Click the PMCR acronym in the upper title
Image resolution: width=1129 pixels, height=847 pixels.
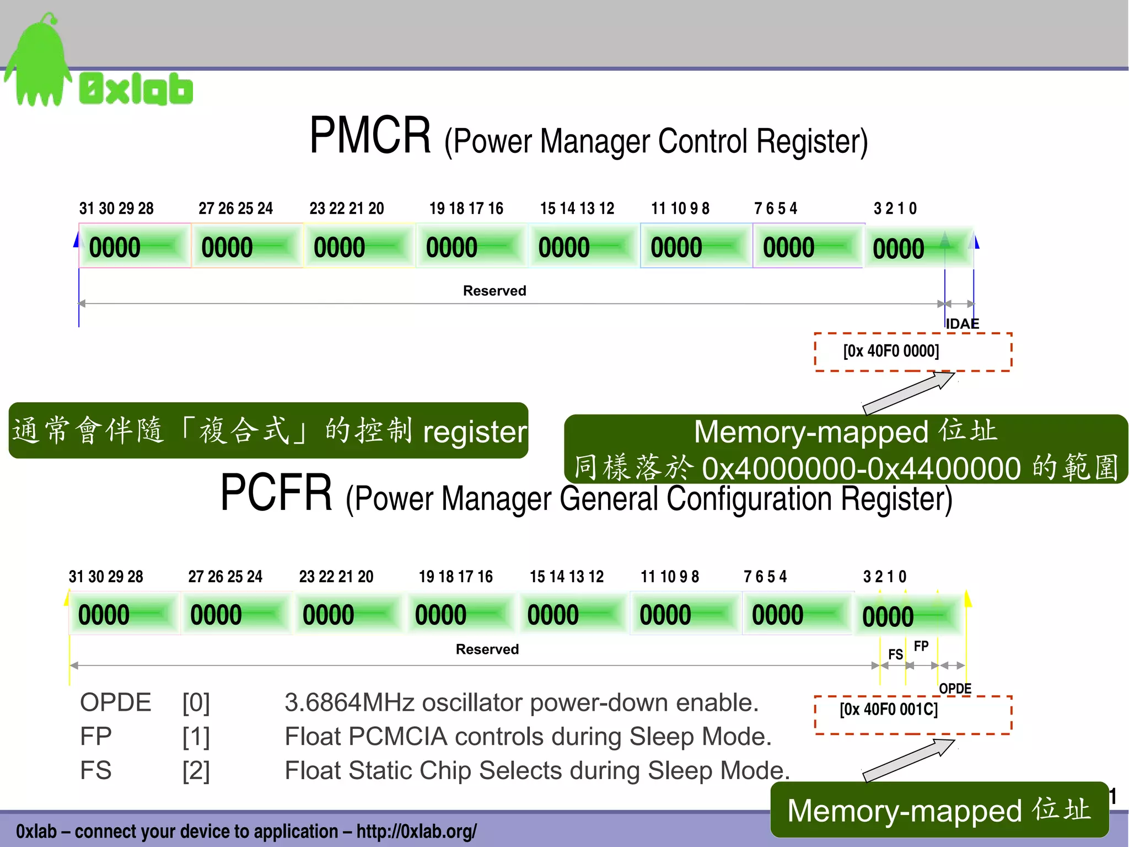coord(370,136)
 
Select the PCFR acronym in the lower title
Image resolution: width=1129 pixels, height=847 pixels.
coord(276,492)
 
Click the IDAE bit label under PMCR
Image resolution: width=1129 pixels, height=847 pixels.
coord(963,324)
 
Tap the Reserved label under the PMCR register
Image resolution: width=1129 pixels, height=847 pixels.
coord(494,291)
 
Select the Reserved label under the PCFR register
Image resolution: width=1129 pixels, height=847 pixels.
coord(487,649)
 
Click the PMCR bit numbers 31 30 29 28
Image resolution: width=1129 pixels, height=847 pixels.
coord(116,209)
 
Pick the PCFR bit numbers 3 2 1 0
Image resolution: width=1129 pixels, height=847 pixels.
coord(885,577)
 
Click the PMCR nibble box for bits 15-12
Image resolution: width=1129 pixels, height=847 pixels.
coord(583,247)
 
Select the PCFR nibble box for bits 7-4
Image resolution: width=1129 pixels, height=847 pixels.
coord(797,614)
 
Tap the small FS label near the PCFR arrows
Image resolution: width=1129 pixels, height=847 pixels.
coord(896,654)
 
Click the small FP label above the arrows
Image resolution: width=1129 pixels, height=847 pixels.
coord(921,646)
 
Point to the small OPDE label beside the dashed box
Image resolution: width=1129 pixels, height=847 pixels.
coord(955,689)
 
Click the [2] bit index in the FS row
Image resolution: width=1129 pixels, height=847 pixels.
coord(196,770)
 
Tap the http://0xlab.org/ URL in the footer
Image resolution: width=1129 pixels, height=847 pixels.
coord(416,831)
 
